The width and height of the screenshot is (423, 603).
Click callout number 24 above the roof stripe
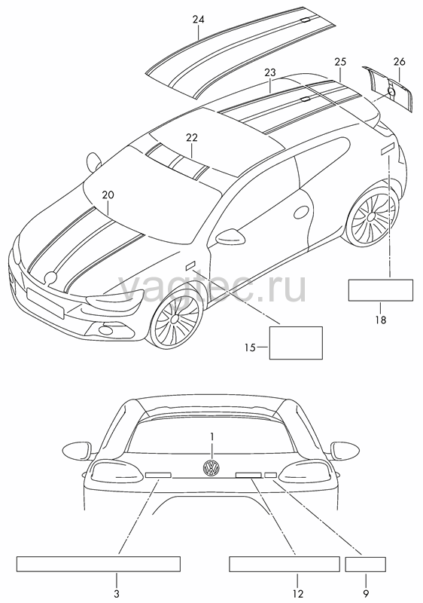[x=199, y=20]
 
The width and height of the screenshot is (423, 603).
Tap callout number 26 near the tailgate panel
[x=399, y=62]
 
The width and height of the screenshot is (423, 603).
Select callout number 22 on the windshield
[x=192, y=137]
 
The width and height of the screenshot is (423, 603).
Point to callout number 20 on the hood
[x=108, y=195]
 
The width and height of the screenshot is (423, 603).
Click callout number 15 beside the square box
[x=250, y=347]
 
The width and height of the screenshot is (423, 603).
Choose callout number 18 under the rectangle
[x=381, y=320]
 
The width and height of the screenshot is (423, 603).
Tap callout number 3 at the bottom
[x=117, y=593]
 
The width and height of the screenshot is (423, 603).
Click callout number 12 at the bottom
[x=298, y=594]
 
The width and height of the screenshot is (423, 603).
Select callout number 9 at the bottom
[x=367, y=593]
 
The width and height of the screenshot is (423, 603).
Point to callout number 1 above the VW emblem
[x=211, y=436]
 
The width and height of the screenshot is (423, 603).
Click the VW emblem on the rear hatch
[x=211, y=467]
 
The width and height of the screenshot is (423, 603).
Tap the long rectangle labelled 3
[x=99, y=564]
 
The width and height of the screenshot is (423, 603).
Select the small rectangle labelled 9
[x=366, y=564]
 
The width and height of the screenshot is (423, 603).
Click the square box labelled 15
[x=296, y=343]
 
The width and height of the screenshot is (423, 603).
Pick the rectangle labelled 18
[x=381, y=290]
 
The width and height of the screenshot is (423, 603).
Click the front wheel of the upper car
[x=176, y=318]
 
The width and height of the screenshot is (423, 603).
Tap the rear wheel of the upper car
[x=370, y=216]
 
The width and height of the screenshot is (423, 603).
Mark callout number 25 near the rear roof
[x=340, y=62]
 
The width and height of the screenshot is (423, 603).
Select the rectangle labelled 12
[x=285, y=564]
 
